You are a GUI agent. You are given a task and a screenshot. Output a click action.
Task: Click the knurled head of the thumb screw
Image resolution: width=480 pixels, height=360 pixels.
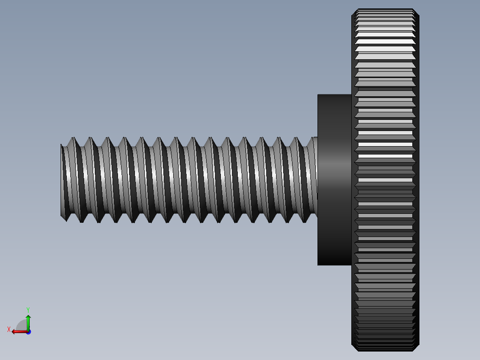[x=386, y=178]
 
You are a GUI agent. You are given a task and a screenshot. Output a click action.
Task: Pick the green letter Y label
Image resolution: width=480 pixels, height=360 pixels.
[x=28, y=309]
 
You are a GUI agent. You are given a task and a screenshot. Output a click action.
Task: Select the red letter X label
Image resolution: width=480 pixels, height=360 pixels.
[x=9, y=329]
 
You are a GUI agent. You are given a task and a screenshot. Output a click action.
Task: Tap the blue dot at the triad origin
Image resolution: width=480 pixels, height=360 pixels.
[x=28, y=331]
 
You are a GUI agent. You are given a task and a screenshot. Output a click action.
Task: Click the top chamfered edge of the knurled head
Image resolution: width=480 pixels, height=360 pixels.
[x=385, y=10]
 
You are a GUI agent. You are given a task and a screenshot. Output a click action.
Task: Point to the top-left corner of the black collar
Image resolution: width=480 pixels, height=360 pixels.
[x=318, y=95]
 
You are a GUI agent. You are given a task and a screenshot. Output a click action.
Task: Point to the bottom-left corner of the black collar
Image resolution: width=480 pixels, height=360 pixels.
[x=318, y=265]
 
